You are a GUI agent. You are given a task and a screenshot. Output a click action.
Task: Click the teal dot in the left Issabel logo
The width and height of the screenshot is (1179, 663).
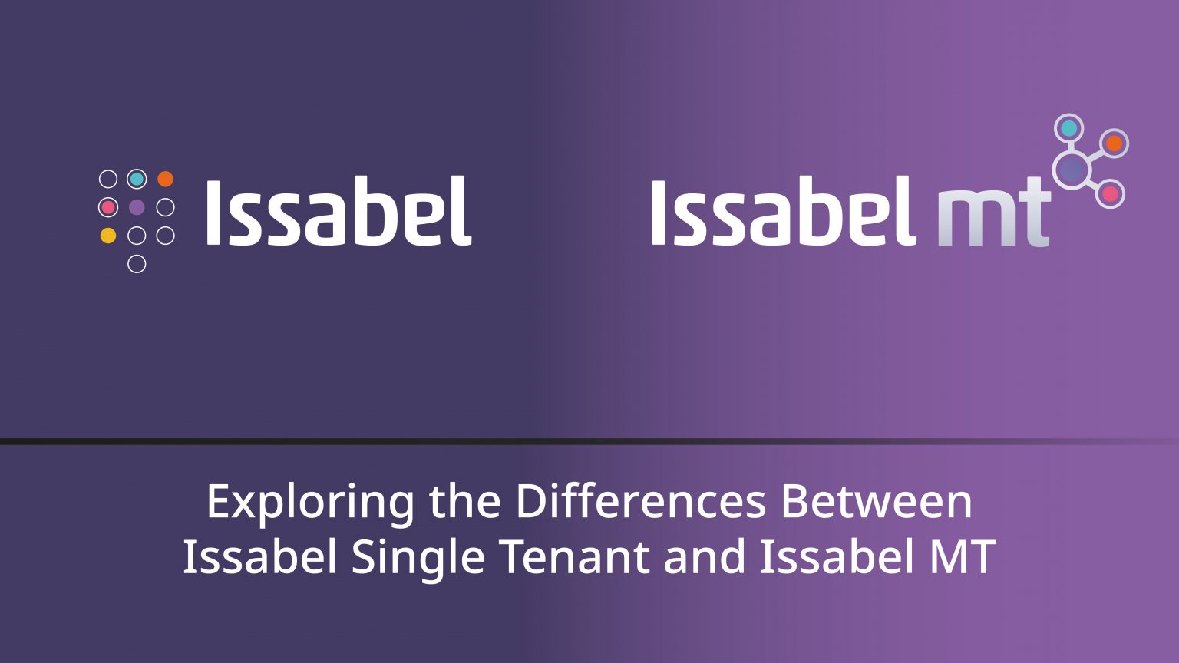pos(137,180)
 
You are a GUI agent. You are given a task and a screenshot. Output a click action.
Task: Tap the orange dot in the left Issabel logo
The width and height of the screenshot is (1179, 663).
pos(165,180)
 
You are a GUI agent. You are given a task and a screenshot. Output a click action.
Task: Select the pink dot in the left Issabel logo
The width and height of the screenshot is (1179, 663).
pos(108,207)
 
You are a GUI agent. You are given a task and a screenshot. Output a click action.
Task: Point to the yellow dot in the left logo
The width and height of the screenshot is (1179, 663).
pos(108,236)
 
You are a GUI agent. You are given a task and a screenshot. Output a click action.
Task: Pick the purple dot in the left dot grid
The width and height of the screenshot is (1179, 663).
pos(137,207)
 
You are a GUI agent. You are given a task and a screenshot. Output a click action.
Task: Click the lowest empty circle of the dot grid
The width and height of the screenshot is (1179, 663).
pos(137,264)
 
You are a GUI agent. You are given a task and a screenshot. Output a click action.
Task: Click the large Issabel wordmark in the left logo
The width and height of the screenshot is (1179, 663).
pos(339,212)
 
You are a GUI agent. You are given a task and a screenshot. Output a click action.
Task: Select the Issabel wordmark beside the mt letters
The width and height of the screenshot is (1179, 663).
pos(783,212)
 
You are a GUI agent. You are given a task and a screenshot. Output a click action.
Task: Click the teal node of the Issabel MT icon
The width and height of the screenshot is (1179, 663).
pos(1068,129)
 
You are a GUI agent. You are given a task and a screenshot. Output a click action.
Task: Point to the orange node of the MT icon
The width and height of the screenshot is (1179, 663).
pos(1114,143)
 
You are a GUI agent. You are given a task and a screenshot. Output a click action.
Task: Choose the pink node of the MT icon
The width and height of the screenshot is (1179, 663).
pos(1110,194)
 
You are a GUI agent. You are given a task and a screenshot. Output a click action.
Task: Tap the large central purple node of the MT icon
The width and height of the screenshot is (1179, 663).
pos(1072,170)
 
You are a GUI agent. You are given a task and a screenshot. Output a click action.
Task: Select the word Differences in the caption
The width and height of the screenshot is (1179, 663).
pos(640,502)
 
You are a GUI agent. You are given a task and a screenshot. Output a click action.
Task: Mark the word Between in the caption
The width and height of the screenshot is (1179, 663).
pos(877,502)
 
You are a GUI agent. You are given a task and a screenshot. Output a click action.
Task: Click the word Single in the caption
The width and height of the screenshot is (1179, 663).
pos(418,559)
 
